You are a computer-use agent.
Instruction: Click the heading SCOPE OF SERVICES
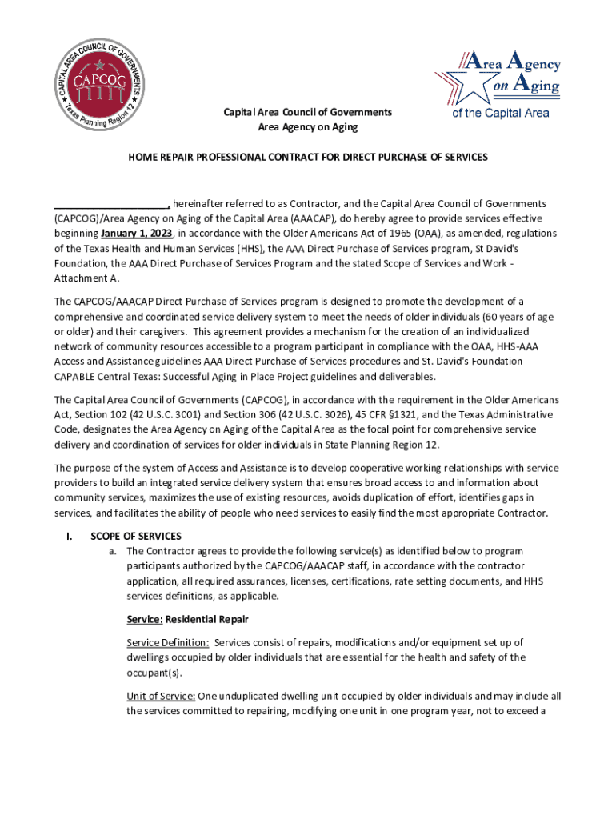[136, 536]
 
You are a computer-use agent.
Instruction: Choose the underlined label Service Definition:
[168, 642]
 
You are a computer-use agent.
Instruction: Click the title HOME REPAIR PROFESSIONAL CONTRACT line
[307, 157]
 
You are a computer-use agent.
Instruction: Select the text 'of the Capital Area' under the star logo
[501, 113]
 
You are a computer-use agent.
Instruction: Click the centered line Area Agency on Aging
[307, 127]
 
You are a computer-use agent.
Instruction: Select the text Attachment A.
[84, 278]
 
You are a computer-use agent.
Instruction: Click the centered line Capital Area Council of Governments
[307, 113]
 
